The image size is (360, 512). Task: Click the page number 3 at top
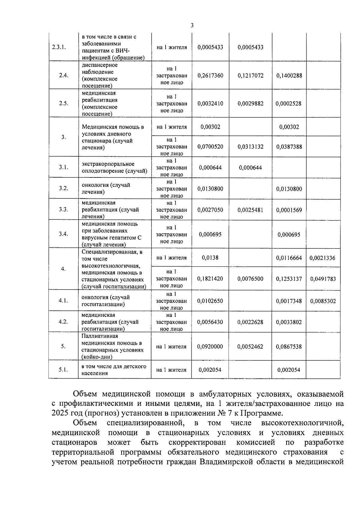pos(192,26)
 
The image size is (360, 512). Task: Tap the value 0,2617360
pos(210,76)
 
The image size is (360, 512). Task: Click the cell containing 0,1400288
pos(289,76)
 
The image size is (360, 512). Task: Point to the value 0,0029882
pos(250,104)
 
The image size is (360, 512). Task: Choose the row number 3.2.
pos(63,189)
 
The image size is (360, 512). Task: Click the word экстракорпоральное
pos(108,164)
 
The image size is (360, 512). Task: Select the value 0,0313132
pos(250,147)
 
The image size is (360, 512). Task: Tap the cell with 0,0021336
pos(322,258)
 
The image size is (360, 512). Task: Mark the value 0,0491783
pos(323,279)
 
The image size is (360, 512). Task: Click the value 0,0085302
pos(323,301)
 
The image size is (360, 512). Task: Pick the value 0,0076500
pos(250,279)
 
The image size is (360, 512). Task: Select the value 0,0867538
pos(289,347)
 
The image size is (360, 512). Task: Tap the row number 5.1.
pos(63,370)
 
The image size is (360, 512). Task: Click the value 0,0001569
pos(289,210)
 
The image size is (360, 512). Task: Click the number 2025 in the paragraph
pos(60,413)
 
